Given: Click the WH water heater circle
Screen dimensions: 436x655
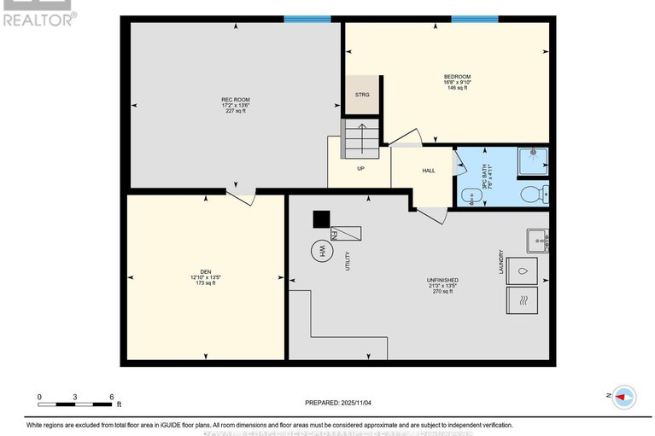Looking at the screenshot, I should coord(322,251).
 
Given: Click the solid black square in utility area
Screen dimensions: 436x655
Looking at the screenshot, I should coord(320,219).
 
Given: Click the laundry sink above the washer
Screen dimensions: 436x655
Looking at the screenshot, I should coord(537,241).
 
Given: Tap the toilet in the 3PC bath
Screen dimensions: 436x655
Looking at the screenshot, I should coord(535,195).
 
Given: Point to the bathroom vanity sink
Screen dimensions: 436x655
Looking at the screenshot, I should coord(470,197).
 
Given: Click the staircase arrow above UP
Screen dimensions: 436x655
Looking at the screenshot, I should coord(360,137).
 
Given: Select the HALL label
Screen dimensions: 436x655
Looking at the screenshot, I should coord(429,171).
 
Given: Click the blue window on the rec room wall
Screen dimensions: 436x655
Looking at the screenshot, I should coord(307,19).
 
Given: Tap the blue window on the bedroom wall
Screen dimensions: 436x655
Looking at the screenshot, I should coord(474,19).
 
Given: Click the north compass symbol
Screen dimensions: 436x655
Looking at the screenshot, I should coord(623,396).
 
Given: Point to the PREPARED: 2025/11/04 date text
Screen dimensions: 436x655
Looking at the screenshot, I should coord(339,402).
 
